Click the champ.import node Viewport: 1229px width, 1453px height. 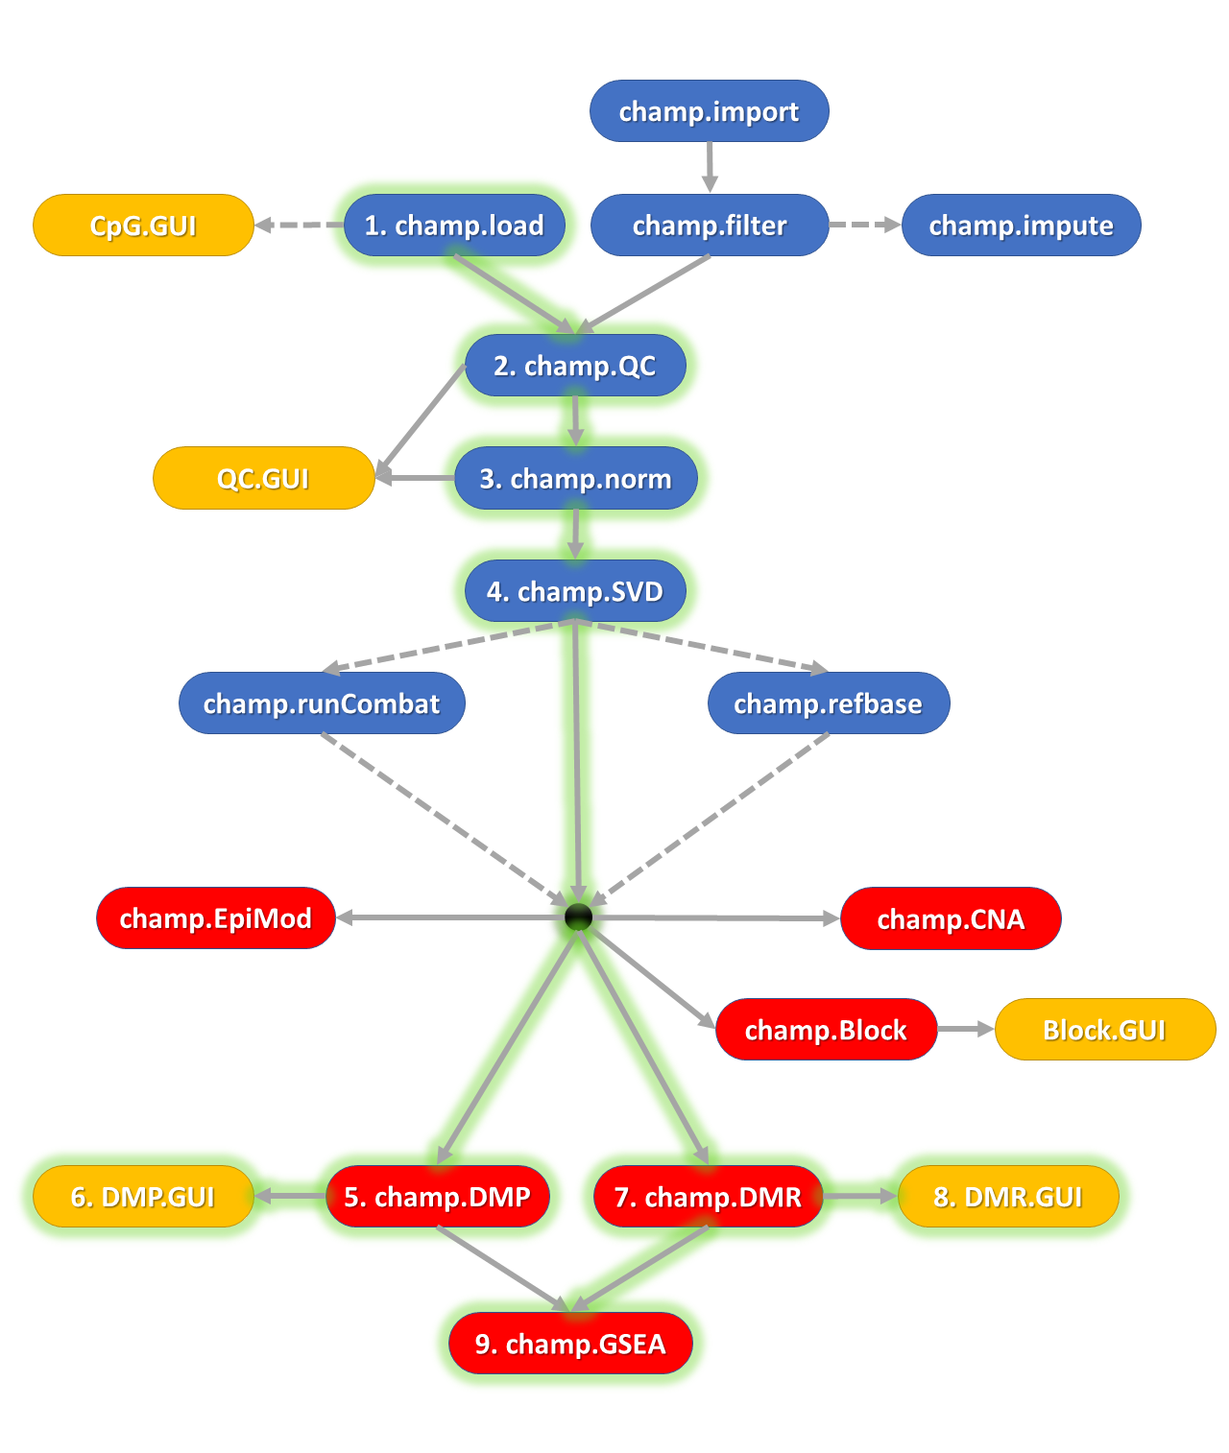click(709, 111)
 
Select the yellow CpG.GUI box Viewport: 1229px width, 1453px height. click(143, 226)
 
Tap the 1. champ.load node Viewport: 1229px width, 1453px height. click(454, 226)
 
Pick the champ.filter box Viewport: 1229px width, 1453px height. click(710, 226)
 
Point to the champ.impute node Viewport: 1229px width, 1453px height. click(1021, 226)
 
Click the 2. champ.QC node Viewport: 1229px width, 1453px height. click(575, 366)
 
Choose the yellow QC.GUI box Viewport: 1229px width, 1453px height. click(263, 478)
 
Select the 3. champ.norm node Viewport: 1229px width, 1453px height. click(575, 478)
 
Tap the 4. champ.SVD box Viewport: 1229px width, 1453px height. click(575, 591)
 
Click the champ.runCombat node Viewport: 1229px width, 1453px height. click(322, 703)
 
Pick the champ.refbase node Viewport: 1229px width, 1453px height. click(828, 703)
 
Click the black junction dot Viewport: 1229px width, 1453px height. click(578, 917)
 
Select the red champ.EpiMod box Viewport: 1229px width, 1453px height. click(216, 918)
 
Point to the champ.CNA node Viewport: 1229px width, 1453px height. click(951, 918)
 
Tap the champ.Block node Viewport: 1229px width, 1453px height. click(826, 1030)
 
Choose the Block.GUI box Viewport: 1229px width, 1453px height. click(1104, 1030)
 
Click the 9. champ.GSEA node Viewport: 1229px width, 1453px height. click(570, 1344)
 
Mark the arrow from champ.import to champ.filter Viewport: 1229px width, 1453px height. click(710, 168)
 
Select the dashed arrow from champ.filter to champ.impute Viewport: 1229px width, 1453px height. click(864, 225)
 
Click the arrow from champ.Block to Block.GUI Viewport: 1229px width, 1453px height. click(965, 1029)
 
